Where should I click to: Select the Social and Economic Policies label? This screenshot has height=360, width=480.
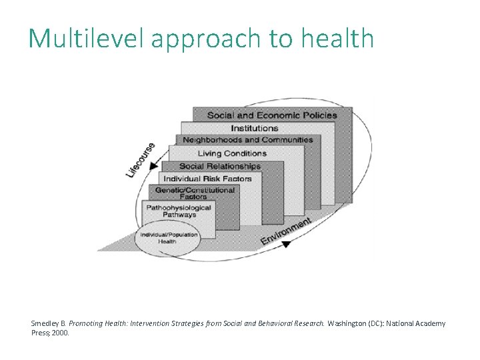272,115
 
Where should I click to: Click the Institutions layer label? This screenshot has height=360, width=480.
255,128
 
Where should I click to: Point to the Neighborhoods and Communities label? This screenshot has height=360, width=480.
247,140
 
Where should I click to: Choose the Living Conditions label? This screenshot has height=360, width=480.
232,153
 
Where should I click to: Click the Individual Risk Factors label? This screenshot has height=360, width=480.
207,179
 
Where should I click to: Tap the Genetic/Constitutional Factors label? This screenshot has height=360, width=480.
195,193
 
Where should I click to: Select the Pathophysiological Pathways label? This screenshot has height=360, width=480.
179,211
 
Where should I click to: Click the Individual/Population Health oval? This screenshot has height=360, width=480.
167,238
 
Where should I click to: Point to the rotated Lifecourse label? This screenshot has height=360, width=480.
141,160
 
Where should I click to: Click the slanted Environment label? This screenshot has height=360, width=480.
286,230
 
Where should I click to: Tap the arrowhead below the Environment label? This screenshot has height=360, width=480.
286,245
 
